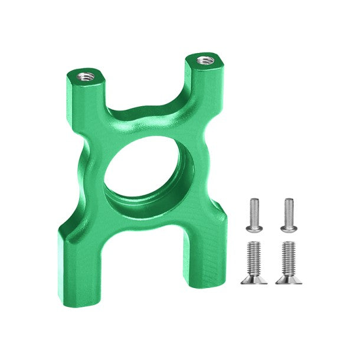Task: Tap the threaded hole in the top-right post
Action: (x=204, y=60)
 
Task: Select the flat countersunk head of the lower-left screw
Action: (x=254, y=279)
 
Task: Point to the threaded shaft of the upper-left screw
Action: (x=254, y=210)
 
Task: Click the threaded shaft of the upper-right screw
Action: (x=289, y=210)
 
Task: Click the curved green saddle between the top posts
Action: (x=148, y=118)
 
